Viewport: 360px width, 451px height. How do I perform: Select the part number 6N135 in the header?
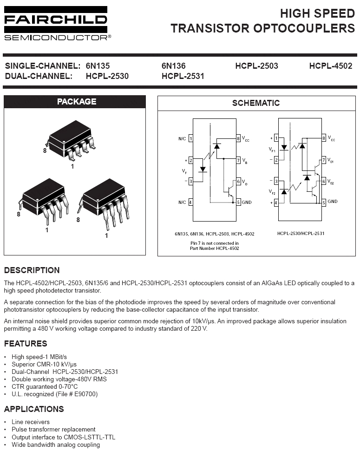click(x=98, y=66)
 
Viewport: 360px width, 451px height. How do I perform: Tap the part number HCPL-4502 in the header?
click(x=330, y=66)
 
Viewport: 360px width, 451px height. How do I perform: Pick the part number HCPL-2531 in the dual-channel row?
click(x=183, y=76)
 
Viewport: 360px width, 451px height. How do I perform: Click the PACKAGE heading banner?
click(x=76, y=102)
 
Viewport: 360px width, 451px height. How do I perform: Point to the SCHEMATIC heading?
click(x=255, y=103)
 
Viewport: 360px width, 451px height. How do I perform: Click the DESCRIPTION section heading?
click(x=32, y=270)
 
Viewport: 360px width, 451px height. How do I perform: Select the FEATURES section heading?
click(x=26, y=344)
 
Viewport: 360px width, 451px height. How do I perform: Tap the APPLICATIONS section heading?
click(x=34, y=409)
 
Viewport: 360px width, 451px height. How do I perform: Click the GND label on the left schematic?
click(x=247, y=202)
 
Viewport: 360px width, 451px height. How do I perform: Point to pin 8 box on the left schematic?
click(x=238, y=138)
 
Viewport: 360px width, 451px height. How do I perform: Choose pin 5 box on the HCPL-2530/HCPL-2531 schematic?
click(x=324, y=202)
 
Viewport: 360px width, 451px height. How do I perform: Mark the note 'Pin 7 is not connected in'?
click(x=215, y=243)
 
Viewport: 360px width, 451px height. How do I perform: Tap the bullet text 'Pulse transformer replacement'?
click(x=53, y=430)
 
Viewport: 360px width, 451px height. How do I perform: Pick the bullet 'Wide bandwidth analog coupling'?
click(x=56, y=445)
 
